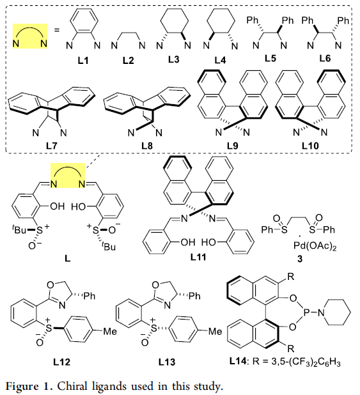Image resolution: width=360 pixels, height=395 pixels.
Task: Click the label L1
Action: click(83, 61)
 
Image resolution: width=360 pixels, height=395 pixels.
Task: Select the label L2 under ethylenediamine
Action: click(129, 61)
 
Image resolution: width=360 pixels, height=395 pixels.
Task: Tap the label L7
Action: click(51, 146)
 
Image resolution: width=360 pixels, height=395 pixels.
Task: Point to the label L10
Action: click(310, 146)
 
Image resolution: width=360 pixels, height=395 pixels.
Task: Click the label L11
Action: click(198, 257)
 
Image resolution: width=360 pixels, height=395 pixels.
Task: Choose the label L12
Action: click(61, 362)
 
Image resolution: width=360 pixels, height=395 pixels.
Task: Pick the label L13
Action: click(167, 362)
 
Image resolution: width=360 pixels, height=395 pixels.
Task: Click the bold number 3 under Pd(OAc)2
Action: click(300, 259)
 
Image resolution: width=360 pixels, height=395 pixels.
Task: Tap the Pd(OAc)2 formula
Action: click(315, 245)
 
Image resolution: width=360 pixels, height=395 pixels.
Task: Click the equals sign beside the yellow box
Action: click(57, 30)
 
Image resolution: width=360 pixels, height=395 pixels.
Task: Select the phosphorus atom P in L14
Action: click(306, 313)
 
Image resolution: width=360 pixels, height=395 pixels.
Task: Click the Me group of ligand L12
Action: click(110, 331)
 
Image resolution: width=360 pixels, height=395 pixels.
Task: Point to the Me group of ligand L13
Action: click(215, 331)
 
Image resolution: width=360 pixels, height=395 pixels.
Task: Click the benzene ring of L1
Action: click(84, 20)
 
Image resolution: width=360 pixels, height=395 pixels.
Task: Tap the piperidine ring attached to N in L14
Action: click(338, 313)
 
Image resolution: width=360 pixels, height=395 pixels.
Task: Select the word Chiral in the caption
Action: click(70, 385)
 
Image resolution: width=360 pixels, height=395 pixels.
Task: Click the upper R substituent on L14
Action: click(291, 277)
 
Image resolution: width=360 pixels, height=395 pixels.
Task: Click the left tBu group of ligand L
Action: click(19, 229)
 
